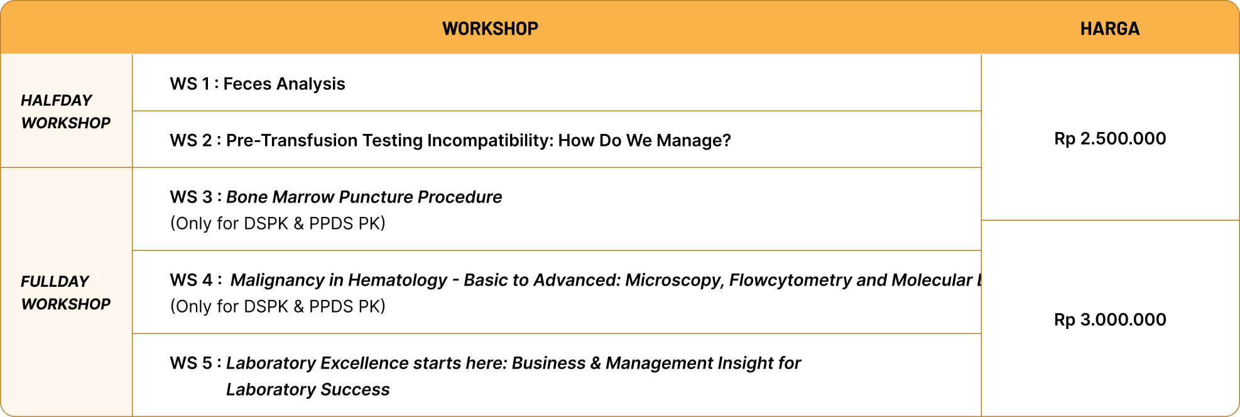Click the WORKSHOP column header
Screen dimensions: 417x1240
(x=490, y=28)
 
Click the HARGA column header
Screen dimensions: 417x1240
(x=1109, y=28)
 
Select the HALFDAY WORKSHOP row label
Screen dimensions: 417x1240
(x=65, y=111)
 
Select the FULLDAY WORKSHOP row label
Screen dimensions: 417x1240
(x=65, y=292)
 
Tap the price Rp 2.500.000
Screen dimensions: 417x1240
(x=1109, y=138)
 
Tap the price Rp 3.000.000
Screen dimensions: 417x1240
(x=1109, y=320)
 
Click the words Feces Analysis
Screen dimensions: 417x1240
(x=284, y=84)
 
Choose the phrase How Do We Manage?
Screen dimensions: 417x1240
(x=644, y=140)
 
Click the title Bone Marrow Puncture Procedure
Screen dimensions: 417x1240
(x=364, y=197)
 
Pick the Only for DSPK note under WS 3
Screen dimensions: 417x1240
(x=278, y=223)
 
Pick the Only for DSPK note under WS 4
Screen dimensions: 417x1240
(x=278, y=306)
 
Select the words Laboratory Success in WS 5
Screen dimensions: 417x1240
(x=308, y=389)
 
